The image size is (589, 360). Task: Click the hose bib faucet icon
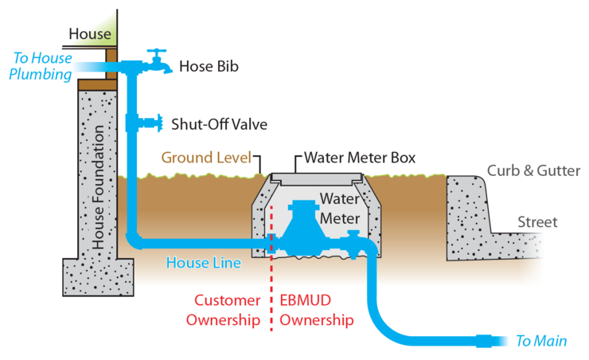tap(156, 63)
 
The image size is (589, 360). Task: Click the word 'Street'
tap(537, 221)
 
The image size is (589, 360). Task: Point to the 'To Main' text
tap(541, 341)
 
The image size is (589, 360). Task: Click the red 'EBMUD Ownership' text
tap(317, 310)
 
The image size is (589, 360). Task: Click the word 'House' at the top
tap(90, 33)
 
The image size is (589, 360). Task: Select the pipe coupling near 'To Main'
tap(484, 341)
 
